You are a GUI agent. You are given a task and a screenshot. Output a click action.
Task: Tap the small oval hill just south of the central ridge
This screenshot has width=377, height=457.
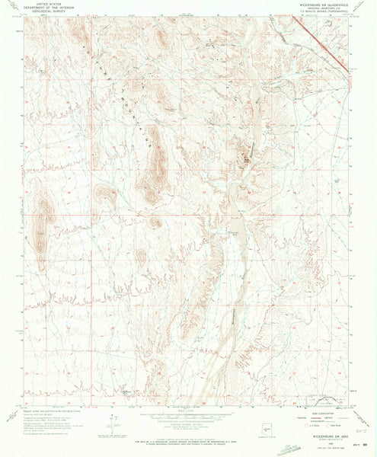(155, 222)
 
